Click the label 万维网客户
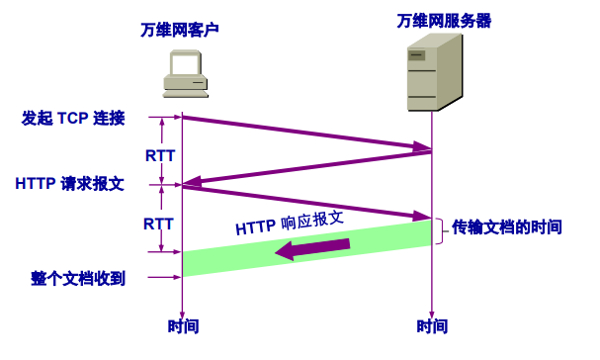coord(180,29)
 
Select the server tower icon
coord(436,72)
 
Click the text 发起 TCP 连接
coord(73,119)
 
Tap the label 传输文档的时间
coord(507,226)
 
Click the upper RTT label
coord(159,155)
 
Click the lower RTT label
coord(159,223)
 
